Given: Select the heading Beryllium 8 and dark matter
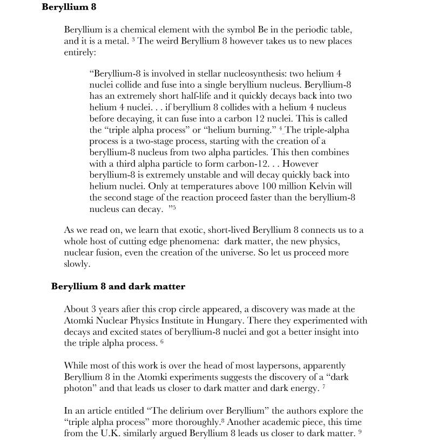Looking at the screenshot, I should click(118, 286).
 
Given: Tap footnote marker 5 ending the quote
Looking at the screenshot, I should click(173, 208).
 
